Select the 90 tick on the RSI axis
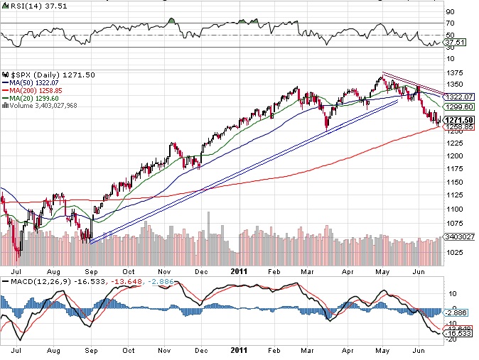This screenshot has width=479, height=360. click(x=449, y=11)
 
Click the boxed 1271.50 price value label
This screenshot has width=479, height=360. click(x=456, y=120)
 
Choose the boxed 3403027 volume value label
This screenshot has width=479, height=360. click(x=456, y=236)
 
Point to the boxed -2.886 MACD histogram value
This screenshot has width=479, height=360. click(x=454, y=312)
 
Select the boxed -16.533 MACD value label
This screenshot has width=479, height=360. click(x=456, y=332)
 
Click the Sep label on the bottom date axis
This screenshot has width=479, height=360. click(x=92, y=350)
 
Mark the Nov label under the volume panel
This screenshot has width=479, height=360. click(x=164, y=271)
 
